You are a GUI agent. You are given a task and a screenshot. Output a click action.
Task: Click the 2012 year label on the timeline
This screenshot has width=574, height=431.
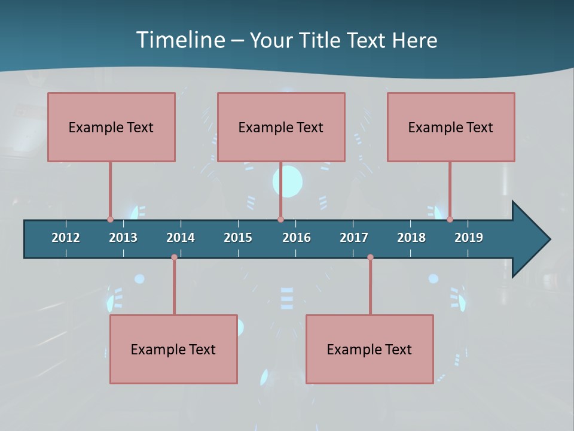click(66, 238)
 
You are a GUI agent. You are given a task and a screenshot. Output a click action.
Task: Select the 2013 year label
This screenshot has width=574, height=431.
click(123, 238)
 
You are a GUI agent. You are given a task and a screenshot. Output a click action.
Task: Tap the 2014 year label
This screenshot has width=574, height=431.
click(181, 238)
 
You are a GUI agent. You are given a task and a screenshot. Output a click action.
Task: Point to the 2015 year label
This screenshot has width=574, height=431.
click(238, 238)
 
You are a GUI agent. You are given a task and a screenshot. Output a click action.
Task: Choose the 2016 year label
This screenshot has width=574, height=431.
click(297, 238)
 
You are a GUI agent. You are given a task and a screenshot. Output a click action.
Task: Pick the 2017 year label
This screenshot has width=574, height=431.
click(354, 238)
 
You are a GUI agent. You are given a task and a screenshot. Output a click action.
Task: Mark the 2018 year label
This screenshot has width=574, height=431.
click(411, 238)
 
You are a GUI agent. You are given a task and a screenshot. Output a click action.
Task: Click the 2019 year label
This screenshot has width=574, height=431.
click(469, 238)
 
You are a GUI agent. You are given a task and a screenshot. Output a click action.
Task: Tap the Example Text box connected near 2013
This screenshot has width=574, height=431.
click(111, 127)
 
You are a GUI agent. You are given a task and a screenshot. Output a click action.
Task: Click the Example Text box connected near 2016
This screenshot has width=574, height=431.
click(281, 127)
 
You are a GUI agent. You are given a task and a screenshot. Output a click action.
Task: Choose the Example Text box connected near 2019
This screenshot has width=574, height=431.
click(451, 127)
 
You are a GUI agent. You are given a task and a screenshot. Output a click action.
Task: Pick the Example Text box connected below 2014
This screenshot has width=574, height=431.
click(173, 349)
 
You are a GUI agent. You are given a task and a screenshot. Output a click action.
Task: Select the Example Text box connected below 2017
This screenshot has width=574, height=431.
click(370, 349)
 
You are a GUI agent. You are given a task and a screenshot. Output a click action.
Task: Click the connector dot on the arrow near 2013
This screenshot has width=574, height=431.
click(110, 219)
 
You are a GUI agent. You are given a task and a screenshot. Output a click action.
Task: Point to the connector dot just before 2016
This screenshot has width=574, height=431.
click(280, 219)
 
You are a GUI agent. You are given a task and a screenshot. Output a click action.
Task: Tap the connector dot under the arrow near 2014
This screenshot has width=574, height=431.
click(174, 257)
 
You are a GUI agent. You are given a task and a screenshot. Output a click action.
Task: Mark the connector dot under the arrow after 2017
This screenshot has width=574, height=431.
click(370, 257)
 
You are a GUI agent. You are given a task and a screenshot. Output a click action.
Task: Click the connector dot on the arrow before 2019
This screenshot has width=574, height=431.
click(450, 219)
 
